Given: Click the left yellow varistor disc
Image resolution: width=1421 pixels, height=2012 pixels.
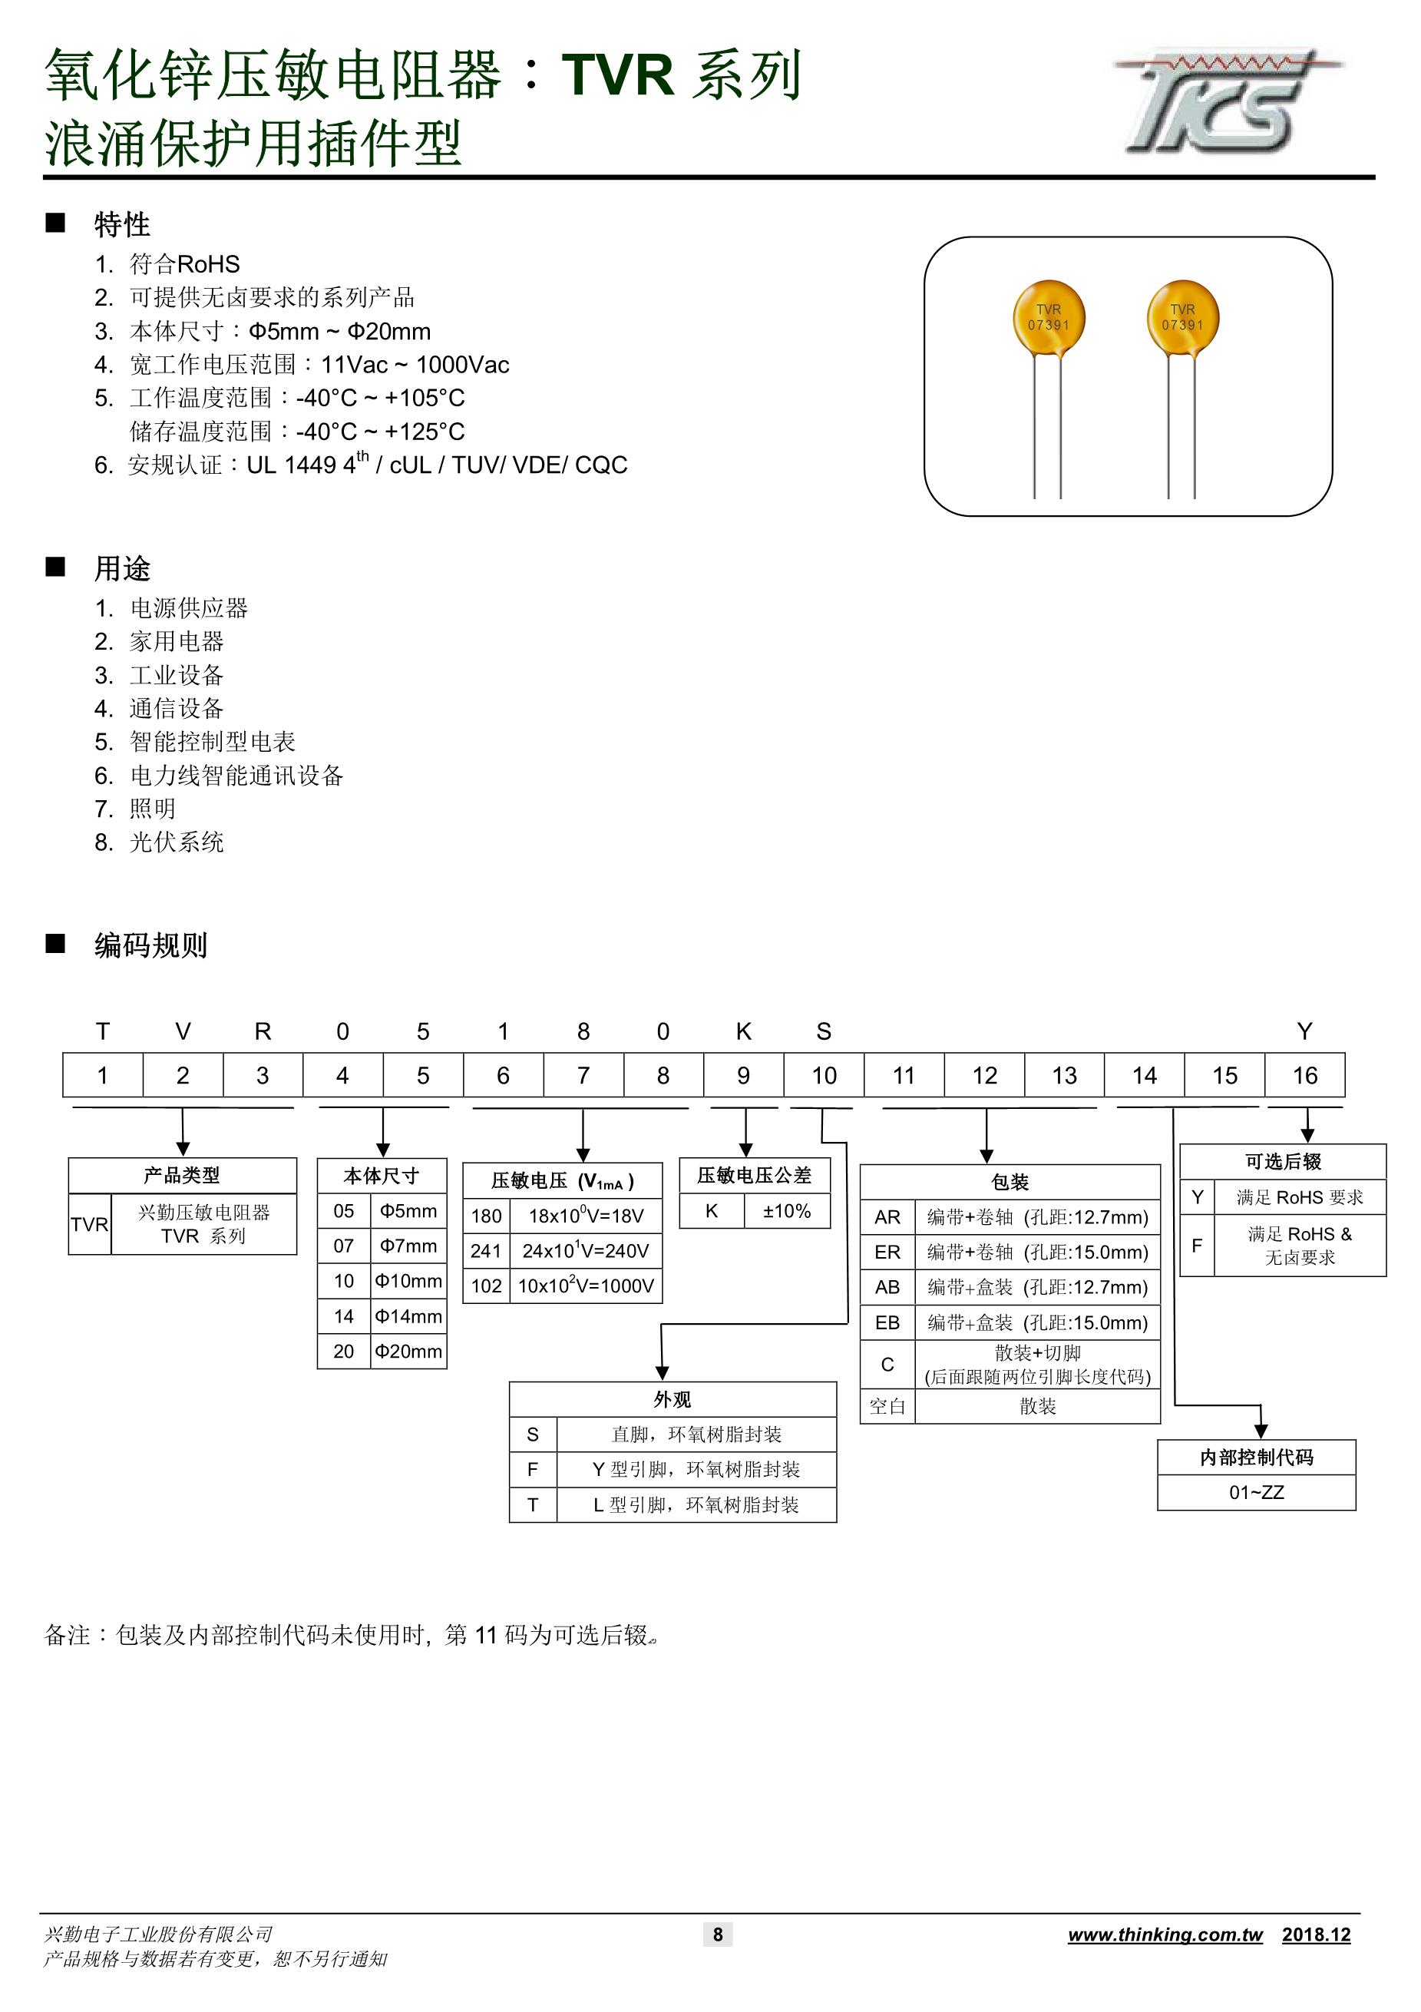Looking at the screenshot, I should [x=1049, y=317].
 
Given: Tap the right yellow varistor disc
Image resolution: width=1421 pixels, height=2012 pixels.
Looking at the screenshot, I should [x=1183, y=317].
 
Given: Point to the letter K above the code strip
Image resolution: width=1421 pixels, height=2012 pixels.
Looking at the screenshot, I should [x=743, y=1031].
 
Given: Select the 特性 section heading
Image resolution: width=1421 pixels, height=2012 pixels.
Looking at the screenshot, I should [x=122, y=224].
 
